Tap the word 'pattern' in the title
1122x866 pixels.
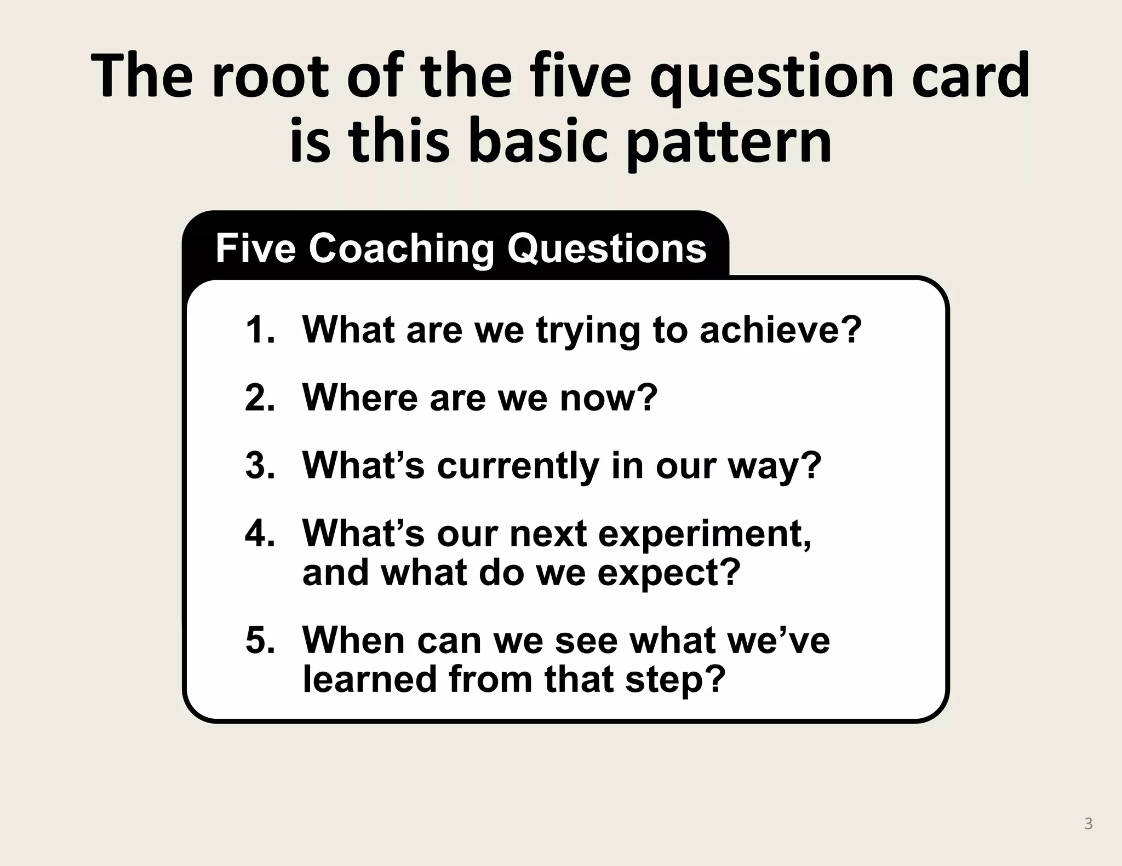coord(729,141)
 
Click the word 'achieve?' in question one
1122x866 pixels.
coord(781,330)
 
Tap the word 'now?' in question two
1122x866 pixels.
coord(608,397)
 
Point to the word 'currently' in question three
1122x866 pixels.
coord(518,466)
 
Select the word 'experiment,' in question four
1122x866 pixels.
coord(705,534)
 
